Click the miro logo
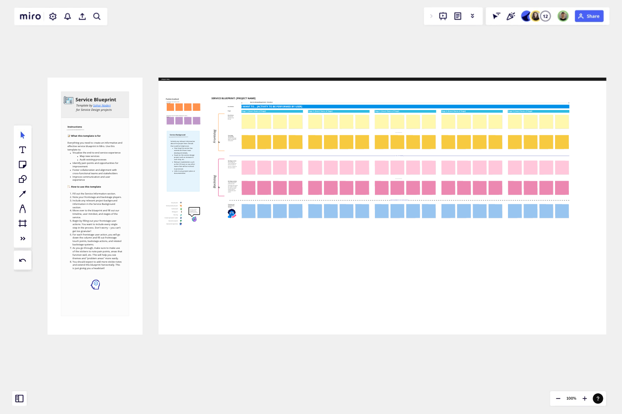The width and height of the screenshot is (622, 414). (30, 16)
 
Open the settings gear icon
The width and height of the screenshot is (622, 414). (53, 16)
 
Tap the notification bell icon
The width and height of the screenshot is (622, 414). (68, 16)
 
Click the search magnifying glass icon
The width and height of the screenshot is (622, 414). (97, 16)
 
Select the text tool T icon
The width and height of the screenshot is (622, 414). (22, 150)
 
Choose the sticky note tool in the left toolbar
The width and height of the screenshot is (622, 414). (22, 164)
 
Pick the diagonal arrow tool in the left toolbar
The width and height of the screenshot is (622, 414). (22, 194)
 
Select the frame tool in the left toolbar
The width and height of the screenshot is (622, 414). (22, 223)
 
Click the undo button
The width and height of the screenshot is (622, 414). (22, 260)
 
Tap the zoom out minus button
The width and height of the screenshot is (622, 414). (558, 398)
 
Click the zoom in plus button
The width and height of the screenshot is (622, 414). (585, 398)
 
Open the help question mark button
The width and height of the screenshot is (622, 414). (598, 398)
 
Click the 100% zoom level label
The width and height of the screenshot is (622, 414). (571, 398)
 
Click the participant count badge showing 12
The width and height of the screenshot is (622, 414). (546, 16)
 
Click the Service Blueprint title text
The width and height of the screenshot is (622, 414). (96, 100)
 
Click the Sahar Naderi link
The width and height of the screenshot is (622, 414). (102, 105)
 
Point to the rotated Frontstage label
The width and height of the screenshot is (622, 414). (215, 136)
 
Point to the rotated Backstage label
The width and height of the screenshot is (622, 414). (215, 182)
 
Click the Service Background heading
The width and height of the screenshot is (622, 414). (178, 135)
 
